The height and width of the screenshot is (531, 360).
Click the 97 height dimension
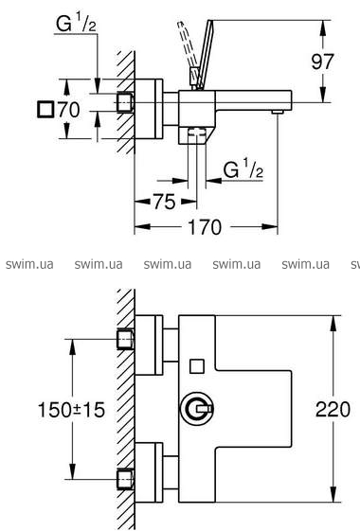(322, 62)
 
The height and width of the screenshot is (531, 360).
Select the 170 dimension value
(205, 227)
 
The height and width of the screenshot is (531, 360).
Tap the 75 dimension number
(165, 202)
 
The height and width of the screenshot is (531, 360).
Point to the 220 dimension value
(333, 409)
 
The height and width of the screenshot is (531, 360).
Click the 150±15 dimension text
(71, 410)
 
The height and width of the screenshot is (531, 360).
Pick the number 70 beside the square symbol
(69, 110)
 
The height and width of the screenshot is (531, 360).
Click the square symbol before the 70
(45, 110)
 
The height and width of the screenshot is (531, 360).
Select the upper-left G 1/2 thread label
(76, 24)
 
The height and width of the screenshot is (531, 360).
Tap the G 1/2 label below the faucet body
(243, 169)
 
